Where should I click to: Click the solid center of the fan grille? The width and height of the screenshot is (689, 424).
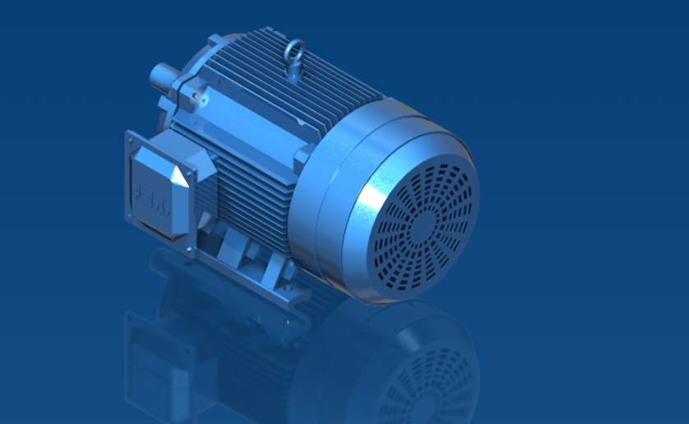(425, 224)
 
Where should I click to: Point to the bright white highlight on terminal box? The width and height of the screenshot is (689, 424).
(179, 177)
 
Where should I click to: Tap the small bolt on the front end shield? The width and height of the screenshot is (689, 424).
(198, 100)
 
